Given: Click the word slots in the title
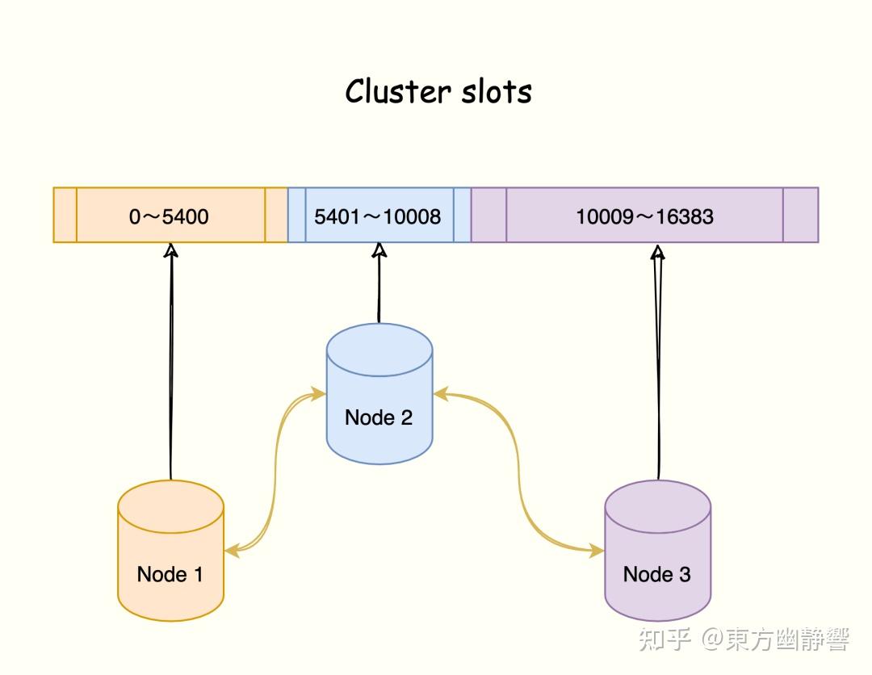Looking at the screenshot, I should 497,91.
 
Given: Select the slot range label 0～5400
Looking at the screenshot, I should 169,216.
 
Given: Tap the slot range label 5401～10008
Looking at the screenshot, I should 378,216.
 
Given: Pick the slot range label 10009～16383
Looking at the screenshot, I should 644,216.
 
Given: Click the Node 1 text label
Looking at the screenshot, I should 170,574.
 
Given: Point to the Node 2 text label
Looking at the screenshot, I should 379,417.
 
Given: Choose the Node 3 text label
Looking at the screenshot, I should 656,574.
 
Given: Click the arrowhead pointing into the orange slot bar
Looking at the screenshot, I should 170,250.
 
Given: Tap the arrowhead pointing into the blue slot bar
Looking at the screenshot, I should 379,249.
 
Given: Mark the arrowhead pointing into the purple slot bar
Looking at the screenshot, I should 658,252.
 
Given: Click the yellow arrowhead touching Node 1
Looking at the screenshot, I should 232,551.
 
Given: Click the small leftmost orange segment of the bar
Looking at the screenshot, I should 65,215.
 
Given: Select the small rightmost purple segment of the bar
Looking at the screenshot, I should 800,215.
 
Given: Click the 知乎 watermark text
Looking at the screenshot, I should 664,639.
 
